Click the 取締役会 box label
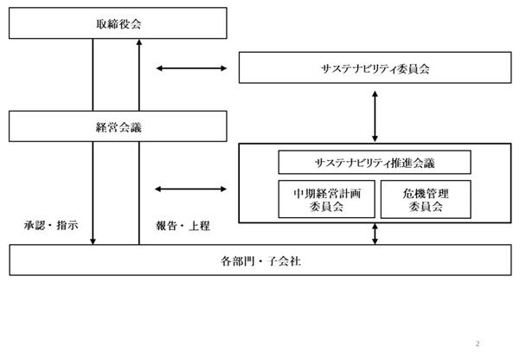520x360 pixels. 119,24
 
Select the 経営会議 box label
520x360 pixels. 119,127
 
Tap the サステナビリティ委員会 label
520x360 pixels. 376,68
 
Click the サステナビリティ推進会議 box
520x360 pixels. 375,162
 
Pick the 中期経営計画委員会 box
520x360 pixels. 327,199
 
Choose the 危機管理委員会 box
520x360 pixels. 426,199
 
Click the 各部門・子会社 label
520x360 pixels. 260,261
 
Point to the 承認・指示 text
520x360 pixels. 51,225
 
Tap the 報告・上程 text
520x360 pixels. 183,226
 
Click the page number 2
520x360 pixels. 478,344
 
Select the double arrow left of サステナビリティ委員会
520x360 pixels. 191,68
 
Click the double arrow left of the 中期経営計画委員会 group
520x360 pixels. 190,190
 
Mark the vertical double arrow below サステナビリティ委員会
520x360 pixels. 375,117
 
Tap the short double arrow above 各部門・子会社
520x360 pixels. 375,234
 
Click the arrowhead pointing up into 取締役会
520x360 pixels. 139,42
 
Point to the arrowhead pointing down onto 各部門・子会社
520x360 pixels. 93,241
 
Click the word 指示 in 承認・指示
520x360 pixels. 67,225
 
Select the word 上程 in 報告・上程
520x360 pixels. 199,226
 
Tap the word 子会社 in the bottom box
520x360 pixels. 284,261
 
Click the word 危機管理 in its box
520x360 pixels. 426,194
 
